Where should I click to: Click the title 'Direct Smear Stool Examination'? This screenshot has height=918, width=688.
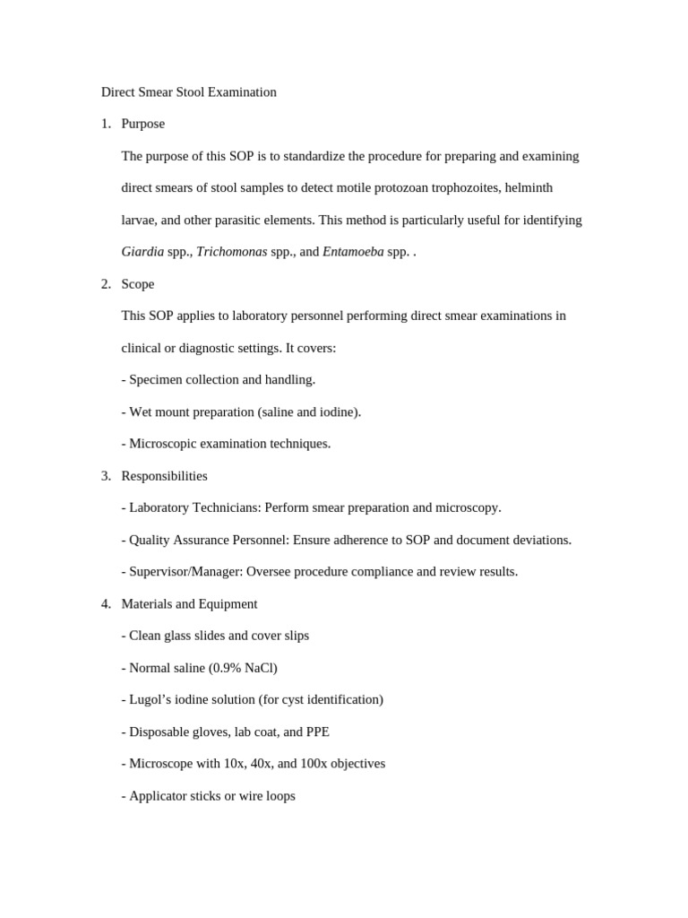[188, 92]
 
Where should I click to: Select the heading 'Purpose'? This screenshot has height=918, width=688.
[142, 124]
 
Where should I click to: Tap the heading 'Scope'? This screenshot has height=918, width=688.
[137, 284]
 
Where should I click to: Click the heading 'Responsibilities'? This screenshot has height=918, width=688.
[164, 476]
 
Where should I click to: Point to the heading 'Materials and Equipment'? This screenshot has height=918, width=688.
[189, 604]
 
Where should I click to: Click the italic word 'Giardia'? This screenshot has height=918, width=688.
[142, 252]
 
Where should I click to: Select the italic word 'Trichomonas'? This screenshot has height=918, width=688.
[231, 252]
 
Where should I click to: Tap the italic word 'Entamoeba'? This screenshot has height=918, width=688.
[353, 252]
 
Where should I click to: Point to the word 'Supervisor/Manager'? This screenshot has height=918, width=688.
[184, 572]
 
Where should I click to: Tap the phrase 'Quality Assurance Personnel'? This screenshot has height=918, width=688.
[209, 541]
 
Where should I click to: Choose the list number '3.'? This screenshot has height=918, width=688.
[106, 476]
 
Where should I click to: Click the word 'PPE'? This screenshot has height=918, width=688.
[317, 732]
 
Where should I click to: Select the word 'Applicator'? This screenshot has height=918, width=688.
[158, 796]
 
